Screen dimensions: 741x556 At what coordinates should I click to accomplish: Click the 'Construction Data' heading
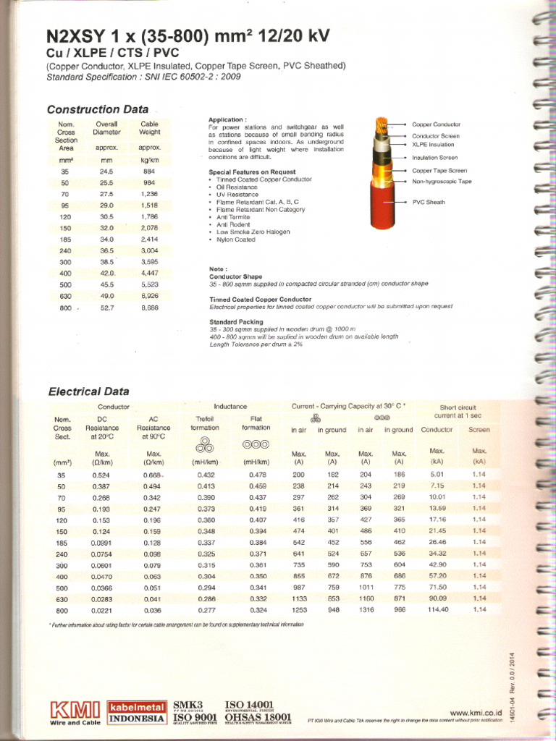(97, 110)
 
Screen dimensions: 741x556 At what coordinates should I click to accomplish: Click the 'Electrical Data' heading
(88, 391)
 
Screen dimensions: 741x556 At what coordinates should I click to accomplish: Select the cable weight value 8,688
(149, 308)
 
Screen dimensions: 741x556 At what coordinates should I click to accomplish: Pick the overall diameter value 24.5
(107, 172)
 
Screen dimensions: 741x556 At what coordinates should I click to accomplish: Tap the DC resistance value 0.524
(101, 475)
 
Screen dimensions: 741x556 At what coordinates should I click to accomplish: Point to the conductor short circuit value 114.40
(437, 609)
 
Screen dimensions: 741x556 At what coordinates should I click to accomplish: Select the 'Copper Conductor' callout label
(436, 124)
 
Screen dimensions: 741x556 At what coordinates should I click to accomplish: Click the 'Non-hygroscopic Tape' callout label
(442, 182)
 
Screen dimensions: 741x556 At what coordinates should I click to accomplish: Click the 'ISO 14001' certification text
(250, 705)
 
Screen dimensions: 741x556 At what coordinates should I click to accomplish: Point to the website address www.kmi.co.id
(476, 712)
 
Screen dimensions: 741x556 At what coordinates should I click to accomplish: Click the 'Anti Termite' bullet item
(232, 217)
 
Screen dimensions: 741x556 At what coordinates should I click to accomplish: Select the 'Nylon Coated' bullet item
(235, 240)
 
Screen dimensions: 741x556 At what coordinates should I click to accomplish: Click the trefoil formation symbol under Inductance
(205, 445)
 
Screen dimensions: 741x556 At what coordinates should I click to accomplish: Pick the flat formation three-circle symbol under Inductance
(256, 444)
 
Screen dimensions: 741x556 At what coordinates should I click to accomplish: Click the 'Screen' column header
(479, 430)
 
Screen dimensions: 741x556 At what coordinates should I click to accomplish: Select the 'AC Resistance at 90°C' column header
(153, 428)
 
